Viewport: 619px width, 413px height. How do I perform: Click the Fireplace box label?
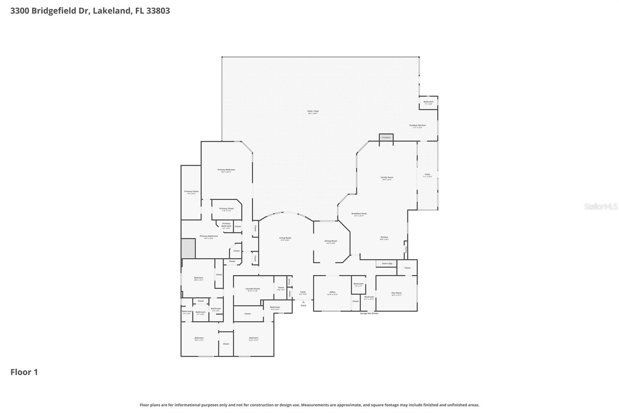coord(386,137)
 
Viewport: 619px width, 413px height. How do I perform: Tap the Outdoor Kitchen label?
coord(417,126)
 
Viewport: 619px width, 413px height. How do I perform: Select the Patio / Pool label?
coord(313,112)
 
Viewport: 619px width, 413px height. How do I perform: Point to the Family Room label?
coord(387,178)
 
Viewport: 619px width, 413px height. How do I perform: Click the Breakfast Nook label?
coord(359,214)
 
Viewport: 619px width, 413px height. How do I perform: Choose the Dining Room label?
coord(331,241)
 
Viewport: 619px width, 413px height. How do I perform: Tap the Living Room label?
coord(285,238)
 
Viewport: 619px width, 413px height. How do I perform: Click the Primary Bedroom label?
coord(226,170)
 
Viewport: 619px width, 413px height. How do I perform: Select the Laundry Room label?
coord(253,289)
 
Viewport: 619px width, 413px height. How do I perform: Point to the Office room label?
coord(332,293)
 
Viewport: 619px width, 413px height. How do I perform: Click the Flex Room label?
coord(396,293)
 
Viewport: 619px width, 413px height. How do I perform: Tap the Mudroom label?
coord(369,297)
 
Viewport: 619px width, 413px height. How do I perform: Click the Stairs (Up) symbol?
coord(386,263)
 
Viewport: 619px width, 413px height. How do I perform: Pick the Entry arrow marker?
coord(303,302)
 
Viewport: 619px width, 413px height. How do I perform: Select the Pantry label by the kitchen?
coord(405,249)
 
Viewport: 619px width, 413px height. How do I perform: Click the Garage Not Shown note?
coord(369,313)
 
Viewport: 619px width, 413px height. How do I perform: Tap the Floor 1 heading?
coord(24,372)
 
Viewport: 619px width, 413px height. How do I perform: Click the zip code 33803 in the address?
coord(157,10)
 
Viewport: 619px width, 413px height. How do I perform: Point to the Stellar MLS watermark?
coord(600,206)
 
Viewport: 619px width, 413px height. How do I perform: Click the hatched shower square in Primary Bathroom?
coord(188,248)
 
